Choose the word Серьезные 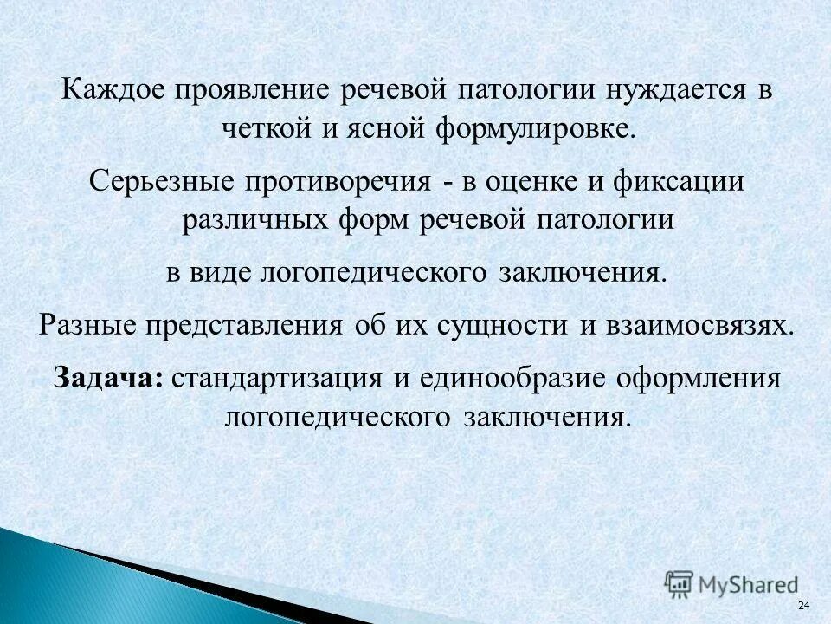(165, 183)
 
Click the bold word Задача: (108, 379)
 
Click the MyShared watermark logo (731, 583)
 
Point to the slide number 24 (802, 604)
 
